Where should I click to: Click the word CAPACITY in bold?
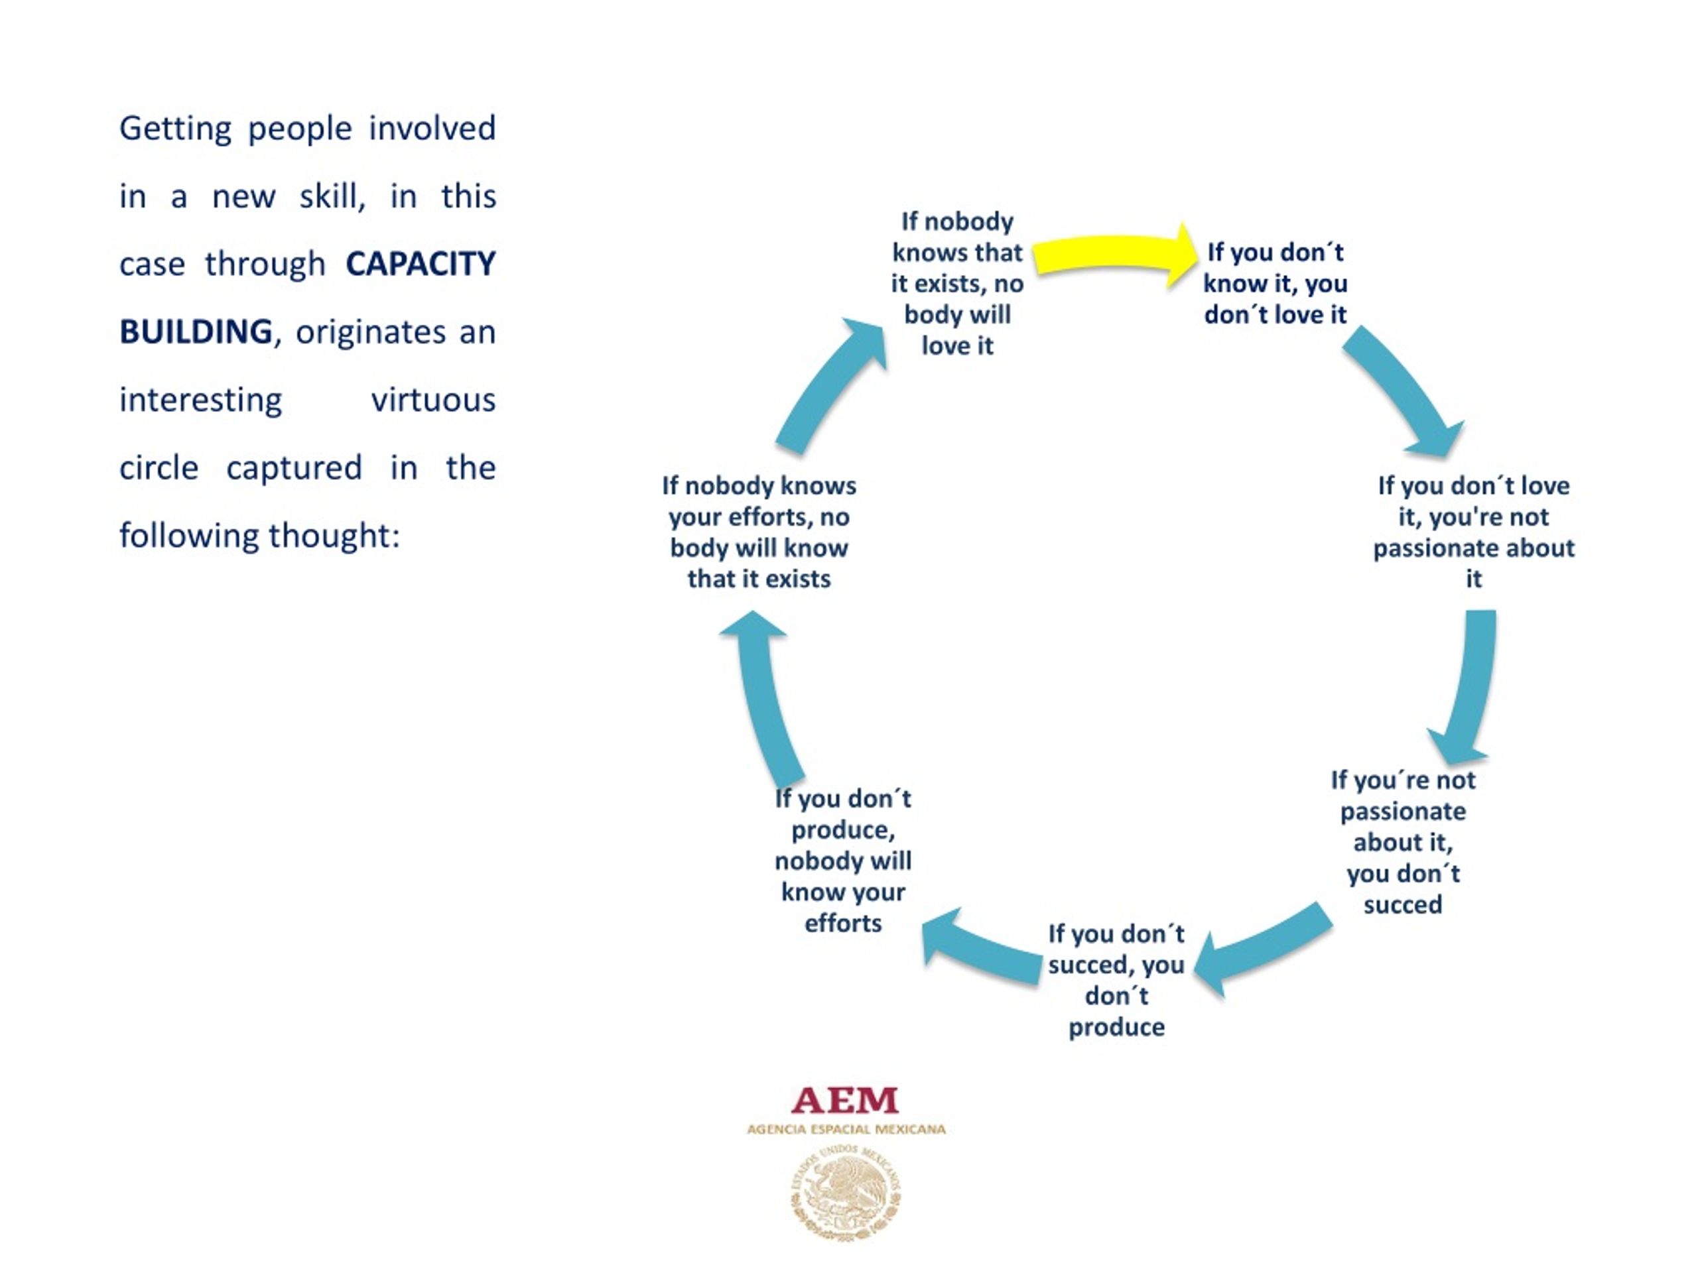tap(421, 264)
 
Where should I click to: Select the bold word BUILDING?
tap(196, 332)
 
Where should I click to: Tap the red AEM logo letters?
tap(844, 1101)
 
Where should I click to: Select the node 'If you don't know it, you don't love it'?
tap(1275, 283)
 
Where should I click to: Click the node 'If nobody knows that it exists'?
tap(957, 283)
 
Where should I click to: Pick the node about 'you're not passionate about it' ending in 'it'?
tap(1473, 532)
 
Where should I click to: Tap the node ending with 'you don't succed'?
tap(1402, 842)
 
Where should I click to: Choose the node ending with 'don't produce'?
tap(1116, 980)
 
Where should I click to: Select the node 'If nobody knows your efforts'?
tap(758, 532)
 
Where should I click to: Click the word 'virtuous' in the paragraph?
tap(434, 400)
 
